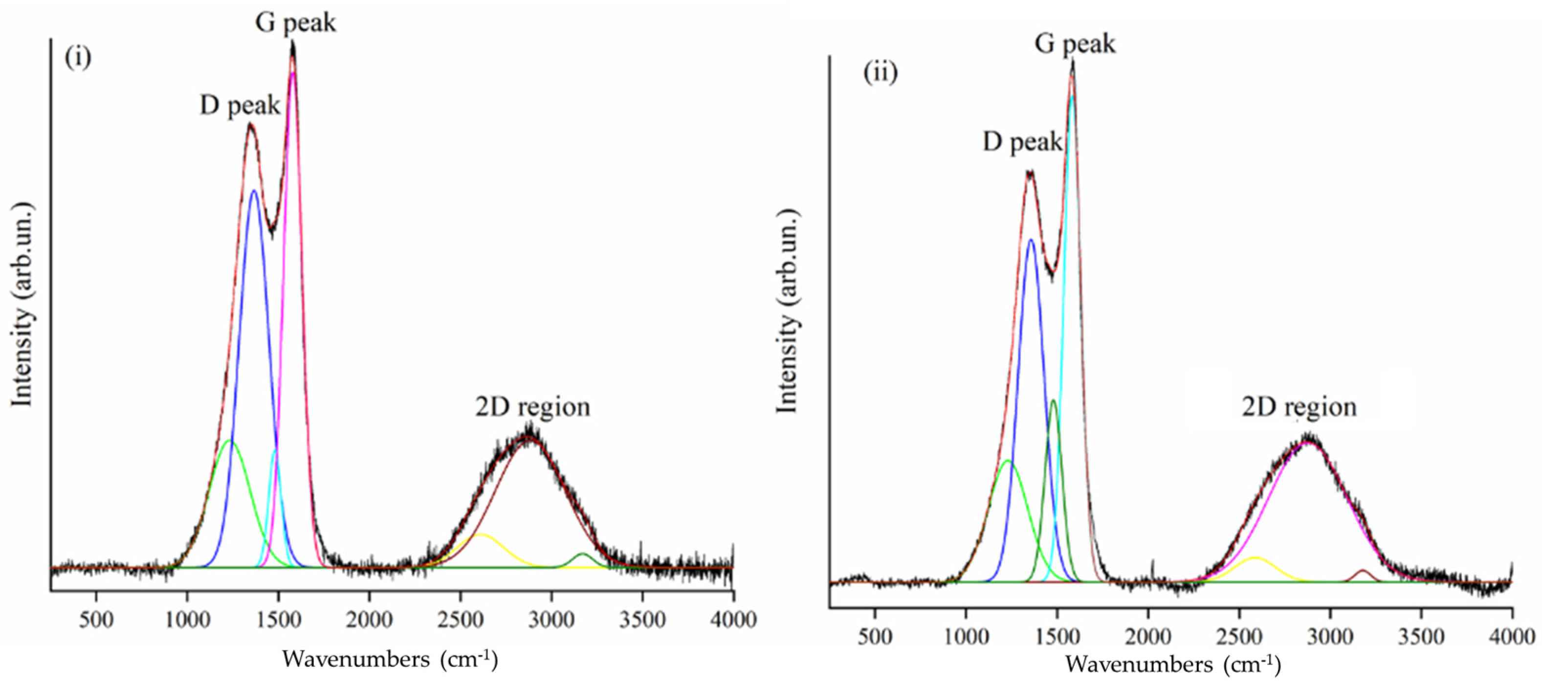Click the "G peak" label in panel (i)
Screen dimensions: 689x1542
(x=296, y=23)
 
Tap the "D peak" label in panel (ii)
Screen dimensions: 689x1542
(x=1022, y=142)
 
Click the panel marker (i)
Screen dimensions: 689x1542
(x=78, y=58)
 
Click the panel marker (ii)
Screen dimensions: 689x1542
(x=880, y=73)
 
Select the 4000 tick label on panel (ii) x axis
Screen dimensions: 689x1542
(x=1512, y=636)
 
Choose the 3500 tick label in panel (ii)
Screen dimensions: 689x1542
(x=1420, y=636)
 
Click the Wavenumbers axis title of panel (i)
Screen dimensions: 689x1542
(x=390, y=659)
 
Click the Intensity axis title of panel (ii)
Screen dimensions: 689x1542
(x=787, y=311)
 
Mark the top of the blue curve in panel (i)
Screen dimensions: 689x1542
(x=254, y=191)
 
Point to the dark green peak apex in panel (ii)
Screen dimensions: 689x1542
(x=1054, y=400)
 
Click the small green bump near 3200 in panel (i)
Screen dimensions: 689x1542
(x=582, y=554)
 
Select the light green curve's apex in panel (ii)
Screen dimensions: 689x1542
(x=1008, y=461)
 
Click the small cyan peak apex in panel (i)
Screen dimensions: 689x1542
(x=275, y=450)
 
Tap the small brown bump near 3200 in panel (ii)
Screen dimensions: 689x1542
(x=1363, y=571)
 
